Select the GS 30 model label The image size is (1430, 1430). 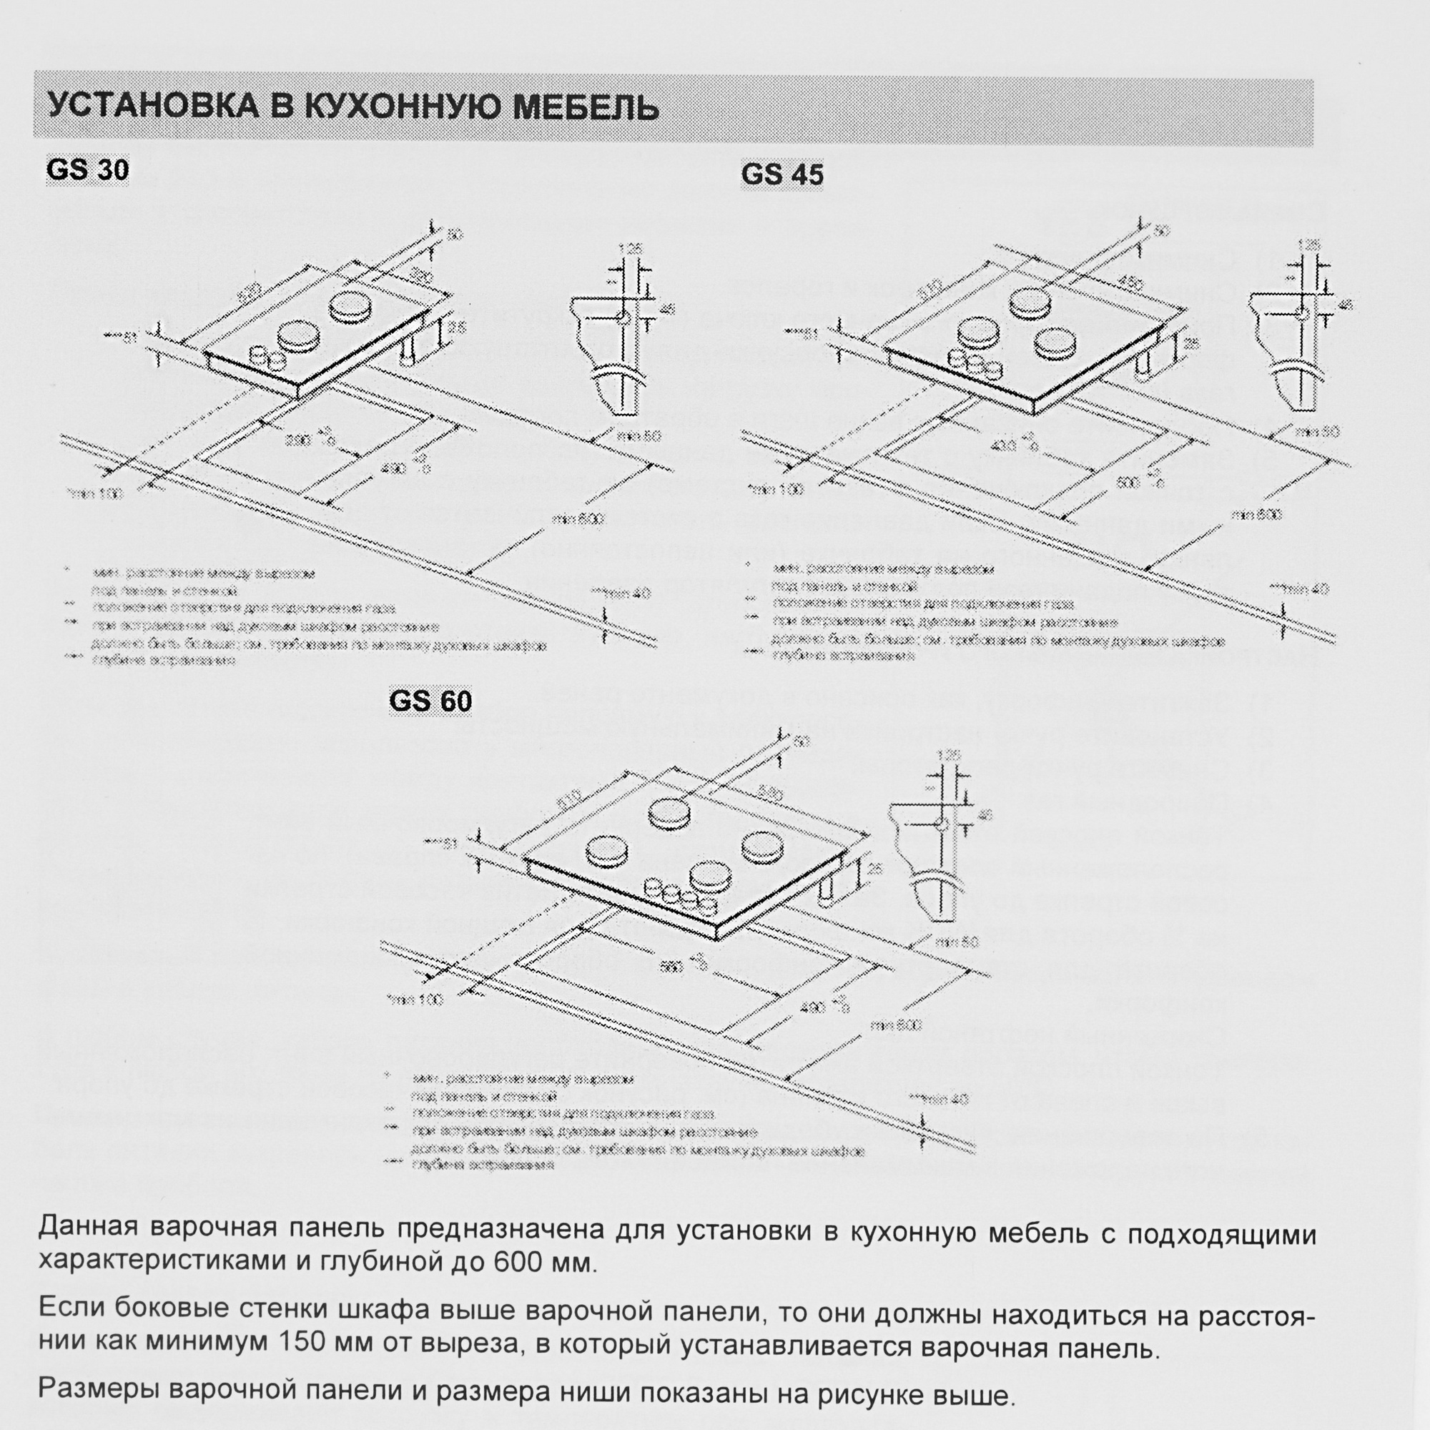pos(87,169)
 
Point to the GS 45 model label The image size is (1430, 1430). pos(782,174)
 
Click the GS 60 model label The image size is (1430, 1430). pos(430,701)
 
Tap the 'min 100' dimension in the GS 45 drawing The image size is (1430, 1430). pos(775,488)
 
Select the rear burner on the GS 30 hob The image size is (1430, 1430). pos(352,306)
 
